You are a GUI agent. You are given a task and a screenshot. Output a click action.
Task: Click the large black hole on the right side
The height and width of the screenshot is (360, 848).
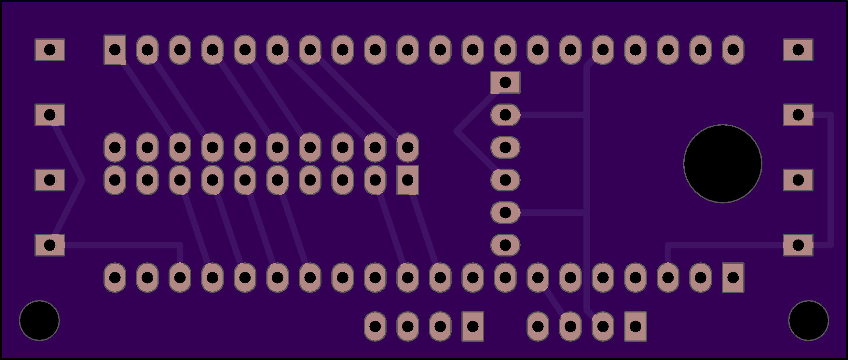[723, 164]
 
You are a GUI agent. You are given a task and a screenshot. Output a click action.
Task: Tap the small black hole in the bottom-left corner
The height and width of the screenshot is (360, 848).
[39, 320]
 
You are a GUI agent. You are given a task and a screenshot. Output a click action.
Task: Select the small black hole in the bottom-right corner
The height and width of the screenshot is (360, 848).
[809, 320]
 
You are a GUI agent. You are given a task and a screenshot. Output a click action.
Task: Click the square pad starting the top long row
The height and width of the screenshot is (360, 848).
[115, 50]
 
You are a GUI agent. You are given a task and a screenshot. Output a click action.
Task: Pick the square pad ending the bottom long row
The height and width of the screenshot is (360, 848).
[733, 278]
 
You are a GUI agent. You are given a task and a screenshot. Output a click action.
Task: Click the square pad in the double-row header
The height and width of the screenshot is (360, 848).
[407, 180]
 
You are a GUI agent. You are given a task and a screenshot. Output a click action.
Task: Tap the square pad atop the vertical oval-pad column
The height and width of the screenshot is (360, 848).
[505, 82]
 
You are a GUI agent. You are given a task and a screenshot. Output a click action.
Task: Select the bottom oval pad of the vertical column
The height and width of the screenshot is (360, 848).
[505, 245]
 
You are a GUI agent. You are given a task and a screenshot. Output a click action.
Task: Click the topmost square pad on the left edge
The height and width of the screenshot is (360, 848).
[50, 50]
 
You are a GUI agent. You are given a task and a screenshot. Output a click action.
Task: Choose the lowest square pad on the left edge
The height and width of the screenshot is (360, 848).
[50, 245]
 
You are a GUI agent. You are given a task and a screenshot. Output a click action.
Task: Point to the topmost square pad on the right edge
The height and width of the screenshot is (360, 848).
[798, 50]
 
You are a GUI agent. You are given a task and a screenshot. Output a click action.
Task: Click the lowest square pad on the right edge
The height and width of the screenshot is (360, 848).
[798, 245]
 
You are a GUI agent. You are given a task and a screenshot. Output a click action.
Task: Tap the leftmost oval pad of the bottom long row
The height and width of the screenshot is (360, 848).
[115, 278]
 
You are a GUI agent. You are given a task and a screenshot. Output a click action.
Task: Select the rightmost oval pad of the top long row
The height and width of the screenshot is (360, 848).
[733, 50]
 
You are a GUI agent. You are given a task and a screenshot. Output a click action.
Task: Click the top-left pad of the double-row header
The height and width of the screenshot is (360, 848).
[115, 147]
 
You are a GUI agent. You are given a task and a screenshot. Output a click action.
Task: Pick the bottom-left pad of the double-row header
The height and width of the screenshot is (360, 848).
[115, 180]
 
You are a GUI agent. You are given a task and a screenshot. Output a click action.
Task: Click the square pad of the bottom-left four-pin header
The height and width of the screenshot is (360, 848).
[473, 326]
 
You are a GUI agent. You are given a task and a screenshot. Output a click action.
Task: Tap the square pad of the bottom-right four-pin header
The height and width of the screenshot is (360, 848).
[635, 326]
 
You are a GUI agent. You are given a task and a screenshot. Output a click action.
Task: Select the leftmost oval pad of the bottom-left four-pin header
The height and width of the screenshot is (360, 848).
[375, 326]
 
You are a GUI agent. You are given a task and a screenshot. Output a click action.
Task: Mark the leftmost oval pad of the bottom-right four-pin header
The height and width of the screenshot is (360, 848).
[538, 326]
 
